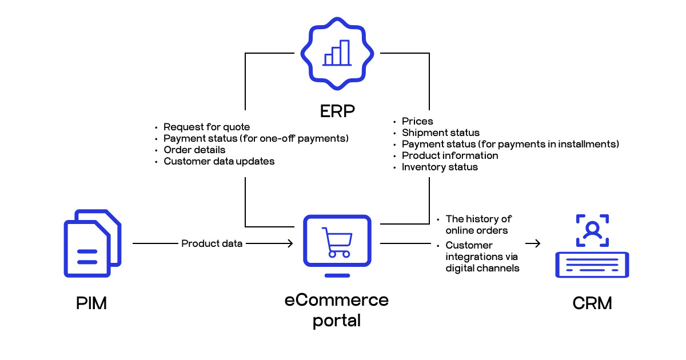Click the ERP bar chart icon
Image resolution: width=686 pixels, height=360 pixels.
pyautogui.click(x=337, y=53)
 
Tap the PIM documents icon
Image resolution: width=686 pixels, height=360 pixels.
pyautogui.click(x=91, y=244)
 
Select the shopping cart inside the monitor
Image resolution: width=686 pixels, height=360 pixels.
pyautogui.click(x=336, y=242)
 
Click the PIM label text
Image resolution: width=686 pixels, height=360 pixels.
pyautogui.click(x=91, y=303)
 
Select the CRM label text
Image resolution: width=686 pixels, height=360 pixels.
pyautogui.click(x=592, y=303)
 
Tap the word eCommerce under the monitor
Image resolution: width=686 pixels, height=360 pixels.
pyautogui.click(x=337, y=299)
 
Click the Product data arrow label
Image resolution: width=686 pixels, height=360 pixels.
pyautogui.click(x=212, y=243)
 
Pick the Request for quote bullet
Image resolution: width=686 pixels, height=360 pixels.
pyautogui.click(x=206, y=127)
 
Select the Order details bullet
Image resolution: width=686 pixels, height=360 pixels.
pyautogui.click(x=194, y=150)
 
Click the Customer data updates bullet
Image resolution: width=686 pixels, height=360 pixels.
pyautogui.click(x=219, y=161)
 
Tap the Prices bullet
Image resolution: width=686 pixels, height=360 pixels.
pyautogui.click(x=417, y=121)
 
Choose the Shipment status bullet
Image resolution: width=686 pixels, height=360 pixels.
pyautogui.click(x=441, y=133)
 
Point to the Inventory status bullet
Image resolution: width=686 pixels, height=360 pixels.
pyautogui.click(x=440, y=167)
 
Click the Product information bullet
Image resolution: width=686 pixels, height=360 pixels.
pyautogui.click(x=450, y=155)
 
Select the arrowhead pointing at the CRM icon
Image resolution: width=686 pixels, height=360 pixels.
pyautogui.click(x=537, y=244)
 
